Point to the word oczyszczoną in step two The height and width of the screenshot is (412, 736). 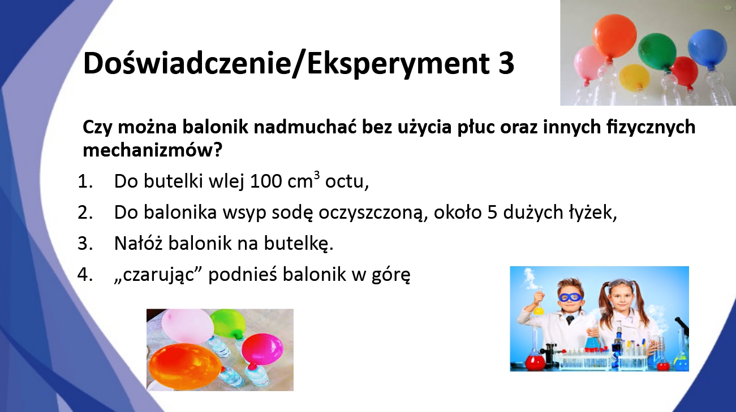click(x=373, y=213)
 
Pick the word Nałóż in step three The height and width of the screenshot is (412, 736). click(x=138, y=243)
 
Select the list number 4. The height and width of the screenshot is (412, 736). click(x=84, y=275)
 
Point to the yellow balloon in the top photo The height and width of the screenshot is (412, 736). click(x=634, y=77)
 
